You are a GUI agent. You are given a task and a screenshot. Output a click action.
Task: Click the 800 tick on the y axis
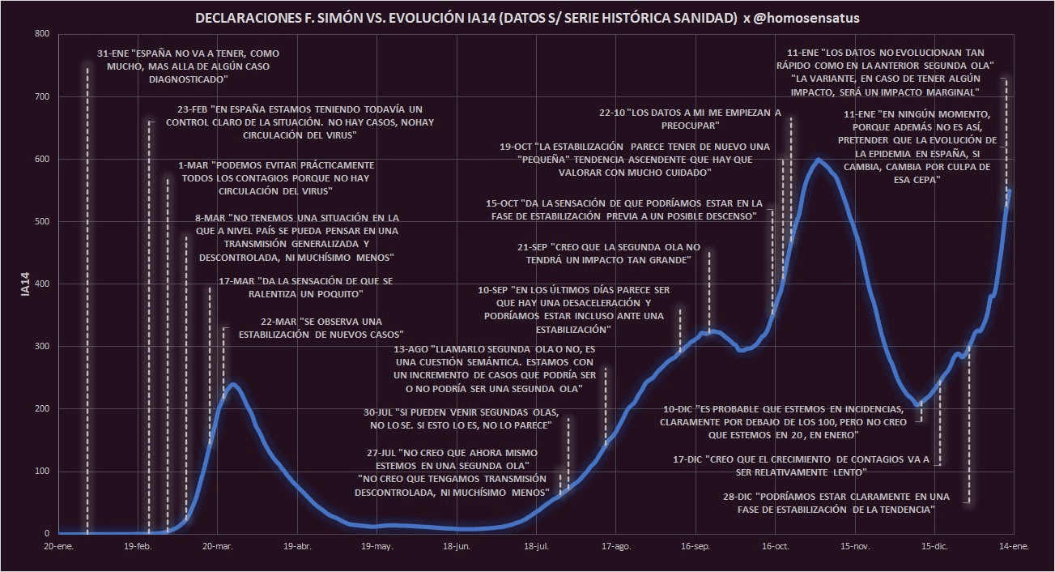pyautogui.click(x=43, y=34)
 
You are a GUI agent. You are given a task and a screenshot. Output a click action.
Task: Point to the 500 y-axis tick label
pyautogui.click(x=43, y=221)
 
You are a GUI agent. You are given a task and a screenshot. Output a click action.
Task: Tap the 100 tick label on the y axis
pyautogui.click(x=43, y=472)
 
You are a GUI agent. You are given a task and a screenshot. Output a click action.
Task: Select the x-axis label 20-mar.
pyautogui.click(x=217, y=547)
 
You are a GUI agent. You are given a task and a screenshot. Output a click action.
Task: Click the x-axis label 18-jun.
pyautogui.click(x=457, y=547)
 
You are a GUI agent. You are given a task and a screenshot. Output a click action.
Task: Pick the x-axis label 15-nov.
pyautogui.click(x=855, y=547)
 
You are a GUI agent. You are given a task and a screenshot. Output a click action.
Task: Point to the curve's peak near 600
pyautogui.click(x=819, y=160)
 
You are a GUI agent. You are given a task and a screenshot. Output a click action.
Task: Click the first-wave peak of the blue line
pyautogui.click(x=233, y=384)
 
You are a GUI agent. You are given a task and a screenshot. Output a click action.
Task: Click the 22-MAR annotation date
pyautogui.click(x=277, y=322)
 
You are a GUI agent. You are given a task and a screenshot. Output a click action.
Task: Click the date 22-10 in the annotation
pyautogui.click(x=613, y=113)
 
